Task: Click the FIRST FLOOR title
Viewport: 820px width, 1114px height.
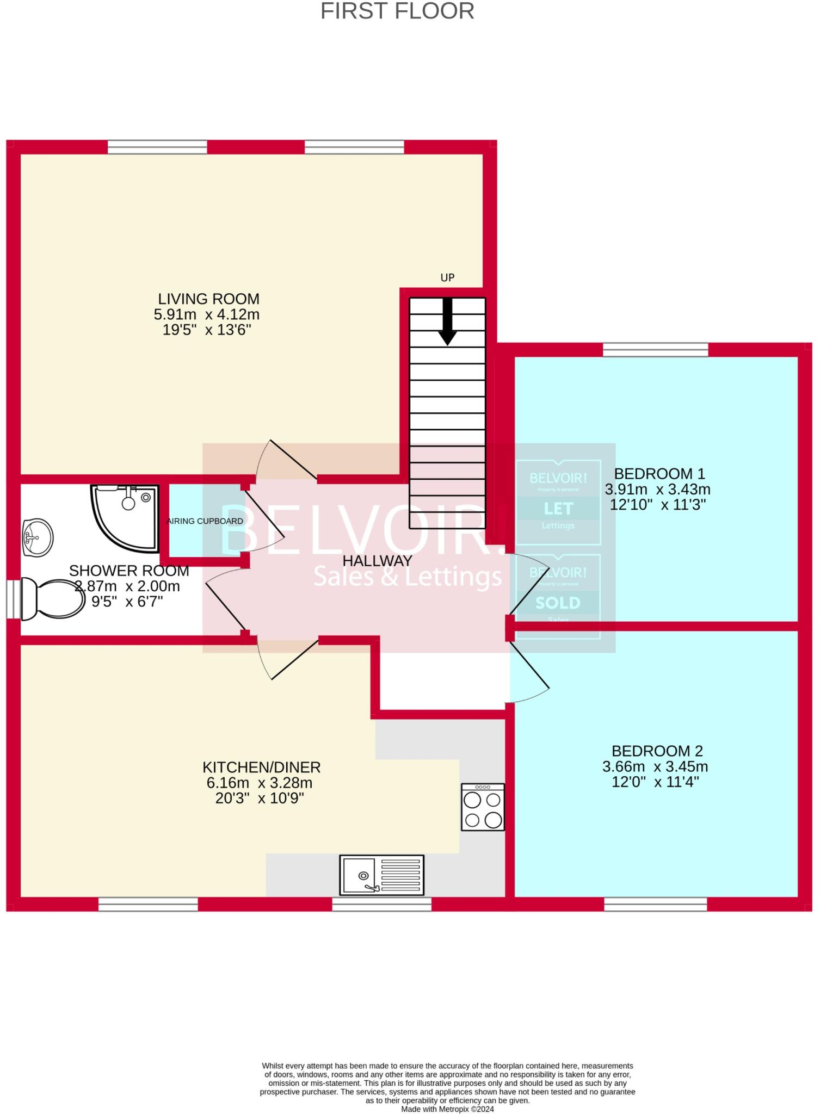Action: pos(397,11)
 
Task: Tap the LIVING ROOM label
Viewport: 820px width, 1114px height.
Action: pos(208,299)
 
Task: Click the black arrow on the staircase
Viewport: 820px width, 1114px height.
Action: pos(447,321)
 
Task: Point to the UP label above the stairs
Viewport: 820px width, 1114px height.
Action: pos(447,277)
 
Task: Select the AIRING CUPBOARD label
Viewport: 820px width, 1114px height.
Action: pos(205,521)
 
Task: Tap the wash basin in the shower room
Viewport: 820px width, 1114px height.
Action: pos(38,537)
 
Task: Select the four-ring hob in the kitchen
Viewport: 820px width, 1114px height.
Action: pos(483,807)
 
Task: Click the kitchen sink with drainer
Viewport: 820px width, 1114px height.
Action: pos(381,875)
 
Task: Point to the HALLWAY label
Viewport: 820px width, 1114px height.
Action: pos(377,560)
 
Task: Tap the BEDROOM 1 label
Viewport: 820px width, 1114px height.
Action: pos(659,473)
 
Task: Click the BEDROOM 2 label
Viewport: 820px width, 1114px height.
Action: pos(657,751)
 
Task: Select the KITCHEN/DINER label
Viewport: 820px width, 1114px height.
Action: pos(261,767)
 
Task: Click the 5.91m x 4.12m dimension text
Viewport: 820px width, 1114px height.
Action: pos(207,314)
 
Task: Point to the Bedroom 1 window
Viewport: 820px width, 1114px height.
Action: pos(655,349)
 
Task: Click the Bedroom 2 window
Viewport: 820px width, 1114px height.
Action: pos(656,904)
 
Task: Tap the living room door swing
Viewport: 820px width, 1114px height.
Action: pos(286,460)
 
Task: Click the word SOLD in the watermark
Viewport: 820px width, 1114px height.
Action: pos(558,603)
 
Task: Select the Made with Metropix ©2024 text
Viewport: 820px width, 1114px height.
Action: pos(447,1109)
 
